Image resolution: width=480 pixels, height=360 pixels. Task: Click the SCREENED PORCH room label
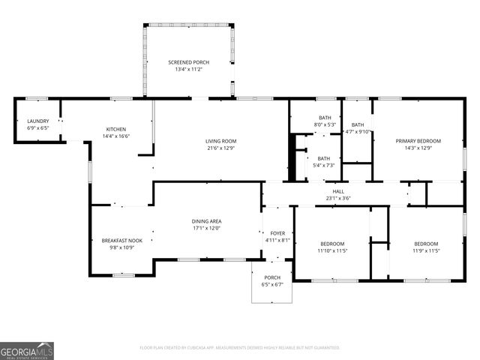(x=189, y=61)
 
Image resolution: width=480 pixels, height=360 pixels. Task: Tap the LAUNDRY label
(x=38, y=121)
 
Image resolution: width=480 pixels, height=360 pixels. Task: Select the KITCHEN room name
(x=115, y=129)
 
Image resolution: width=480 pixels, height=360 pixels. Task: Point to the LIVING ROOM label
(x=221, y=141)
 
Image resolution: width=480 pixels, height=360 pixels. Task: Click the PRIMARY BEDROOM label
(x=418, y=141)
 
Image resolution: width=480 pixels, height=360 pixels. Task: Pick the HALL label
(x=338, y=191)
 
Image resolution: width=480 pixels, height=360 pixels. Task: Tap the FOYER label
(x=277, y=234)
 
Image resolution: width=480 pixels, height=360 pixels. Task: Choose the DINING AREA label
(x=205, y=220)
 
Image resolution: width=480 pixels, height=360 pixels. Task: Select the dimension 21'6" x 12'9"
(x=221, y=148)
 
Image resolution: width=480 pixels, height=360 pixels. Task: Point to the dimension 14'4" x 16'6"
(x=115, y=136)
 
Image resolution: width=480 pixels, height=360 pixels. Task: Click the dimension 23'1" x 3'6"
(x=338, y=198)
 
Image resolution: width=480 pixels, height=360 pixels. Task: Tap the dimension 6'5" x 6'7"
(x=271, y=284)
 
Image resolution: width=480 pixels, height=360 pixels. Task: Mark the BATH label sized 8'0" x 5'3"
(x=325, y=118)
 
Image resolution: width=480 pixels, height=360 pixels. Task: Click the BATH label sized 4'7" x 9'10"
(x=358, y=125)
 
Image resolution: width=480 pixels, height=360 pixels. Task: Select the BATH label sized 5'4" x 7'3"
(x=323, y=158)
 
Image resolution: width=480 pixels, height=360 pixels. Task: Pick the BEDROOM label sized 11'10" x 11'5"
(x=332, y=244)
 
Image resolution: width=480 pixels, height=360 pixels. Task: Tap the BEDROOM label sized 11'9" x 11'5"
(x=426, y=244)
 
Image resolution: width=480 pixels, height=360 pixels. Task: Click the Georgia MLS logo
(x=27, y=350)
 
